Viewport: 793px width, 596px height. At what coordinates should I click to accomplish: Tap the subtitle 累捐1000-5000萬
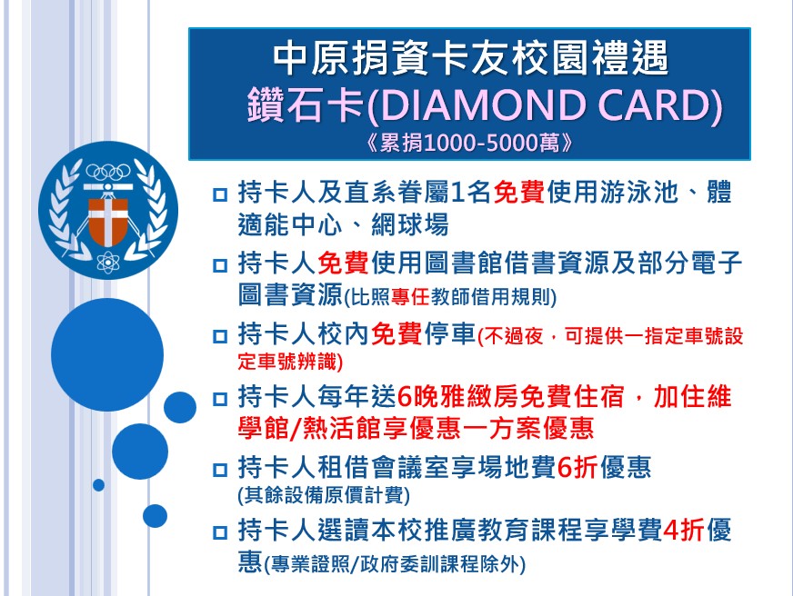(469, 144)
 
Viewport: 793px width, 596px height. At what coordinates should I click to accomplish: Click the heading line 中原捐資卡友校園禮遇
(471, 58)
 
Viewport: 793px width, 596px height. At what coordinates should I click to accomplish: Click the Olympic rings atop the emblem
(108, 173)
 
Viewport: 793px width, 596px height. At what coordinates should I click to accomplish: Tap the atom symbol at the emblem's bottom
(108, 262)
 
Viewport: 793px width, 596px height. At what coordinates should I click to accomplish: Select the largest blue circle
(107, 354)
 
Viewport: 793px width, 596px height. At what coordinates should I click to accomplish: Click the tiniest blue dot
(98, 485)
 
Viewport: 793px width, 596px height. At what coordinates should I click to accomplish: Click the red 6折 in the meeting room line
(577, 467)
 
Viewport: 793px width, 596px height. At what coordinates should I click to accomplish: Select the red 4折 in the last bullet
(683, 530)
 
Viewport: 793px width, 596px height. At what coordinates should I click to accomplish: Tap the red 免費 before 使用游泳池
(519, 193)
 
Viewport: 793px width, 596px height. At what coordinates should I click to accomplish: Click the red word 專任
(410, 297)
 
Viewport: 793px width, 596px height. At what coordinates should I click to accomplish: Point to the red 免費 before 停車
(396, 333)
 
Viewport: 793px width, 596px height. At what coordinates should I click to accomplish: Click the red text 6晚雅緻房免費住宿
(511, 396)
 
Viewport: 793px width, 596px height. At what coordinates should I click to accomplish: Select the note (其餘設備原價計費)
(324, 495)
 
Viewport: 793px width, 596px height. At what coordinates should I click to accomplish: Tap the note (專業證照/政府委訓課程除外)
(395, 563)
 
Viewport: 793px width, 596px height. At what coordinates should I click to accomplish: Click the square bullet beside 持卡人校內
(220, 336)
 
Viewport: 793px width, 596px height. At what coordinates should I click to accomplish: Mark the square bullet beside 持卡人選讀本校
(220, 532)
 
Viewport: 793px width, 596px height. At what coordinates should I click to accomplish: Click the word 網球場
(409, 224)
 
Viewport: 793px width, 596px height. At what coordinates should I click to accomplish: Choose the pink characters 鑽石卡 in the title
(306, 105)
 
